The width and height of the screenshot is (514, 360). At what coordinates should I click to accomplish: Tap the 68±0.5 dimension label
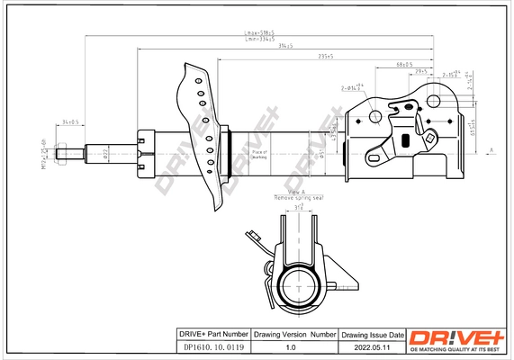coord(404,65)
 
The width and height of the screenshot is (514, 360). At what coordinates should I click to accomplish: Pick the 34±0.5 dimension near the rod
coord(70,121)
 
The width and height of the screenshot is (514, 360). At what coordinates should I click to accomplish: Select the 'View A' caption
coord(296,192)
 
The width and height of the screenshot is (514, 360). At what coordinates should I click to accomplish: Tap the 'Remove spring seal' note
coord(296,197)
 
